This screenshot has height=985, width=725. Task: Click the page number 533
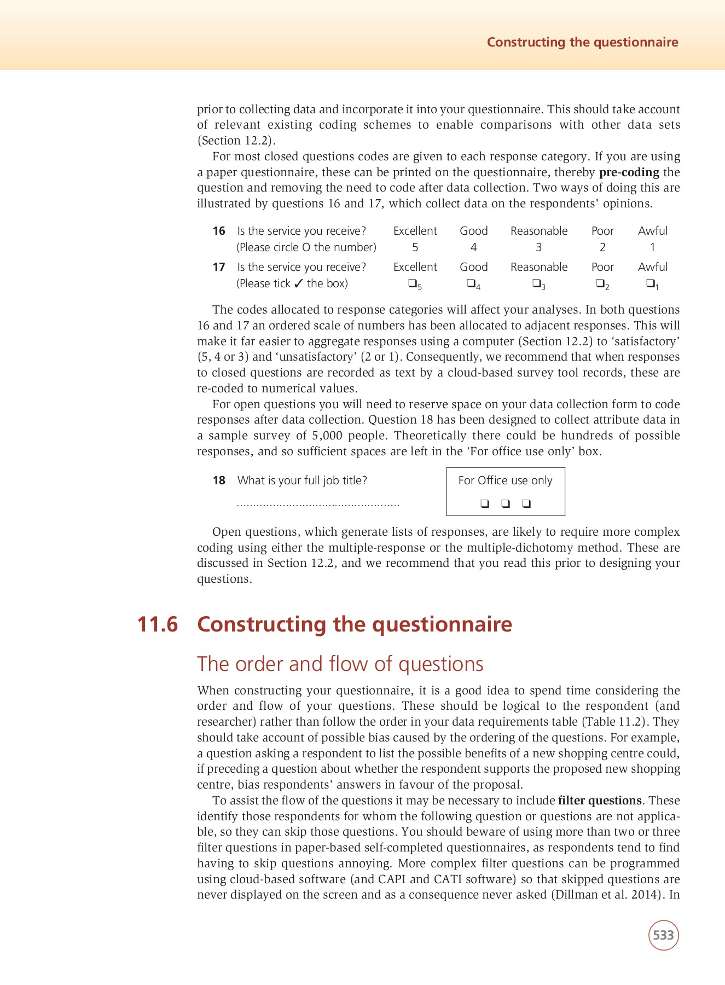pyautogui.click(x=663, y=935)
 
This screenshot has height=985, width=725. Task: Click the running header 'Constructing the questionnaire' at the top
pyautogui.click(x=582, y=42)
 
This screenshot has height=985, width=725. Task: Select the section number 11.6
pyautogui.click(x=158, y=624)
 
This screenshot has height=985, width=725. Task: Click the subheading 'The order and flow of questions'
pyautogui.click(x=340, y=664)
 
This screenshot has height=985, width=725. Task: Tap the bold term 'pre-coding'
pyautogui.click(x=629, y=172)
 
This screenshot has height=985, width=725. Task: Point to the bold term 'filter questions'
pyautogui.click(x=599, y=801)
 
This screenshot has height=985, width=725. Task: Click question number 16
pyautogui.click(x=219, y=231)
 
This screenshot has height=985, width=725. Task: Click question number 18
pyautogui.click(x=219, y=480)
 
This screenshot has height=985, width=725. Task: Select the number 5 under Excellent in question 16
pyautogui.click(x=415, y=247)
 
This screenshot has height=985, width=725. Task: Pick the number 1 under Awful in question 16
pyautogui.click(x=652, y=247)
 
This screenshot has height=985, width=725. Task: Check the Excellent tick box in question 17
pyautogui.click(x=412, y=283)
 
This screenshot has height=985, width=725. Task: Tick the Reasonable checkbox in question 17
pyautogui.click(x=536, y=283)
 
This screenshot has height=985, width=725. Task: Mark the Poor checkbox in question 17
pyautogui.click(x=600, y=283)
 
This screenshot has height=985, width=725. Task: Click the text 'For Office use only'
pyautogui.click(x=505, y=480)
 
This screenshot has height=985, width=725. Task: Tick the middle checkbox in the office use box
pyautogui.click(x=506, y=503)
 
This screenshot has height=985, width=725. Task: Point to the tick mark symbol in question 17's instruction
pyautogui.click(x=298, y=283)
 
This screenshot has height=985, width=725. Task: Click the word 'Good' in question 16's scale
pyautogui.click(x=473, y=231)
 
